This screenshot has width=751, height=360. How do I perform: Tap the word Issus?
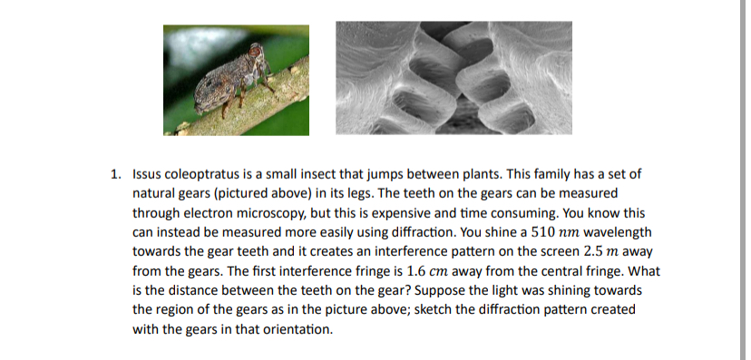coord(147,173)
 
